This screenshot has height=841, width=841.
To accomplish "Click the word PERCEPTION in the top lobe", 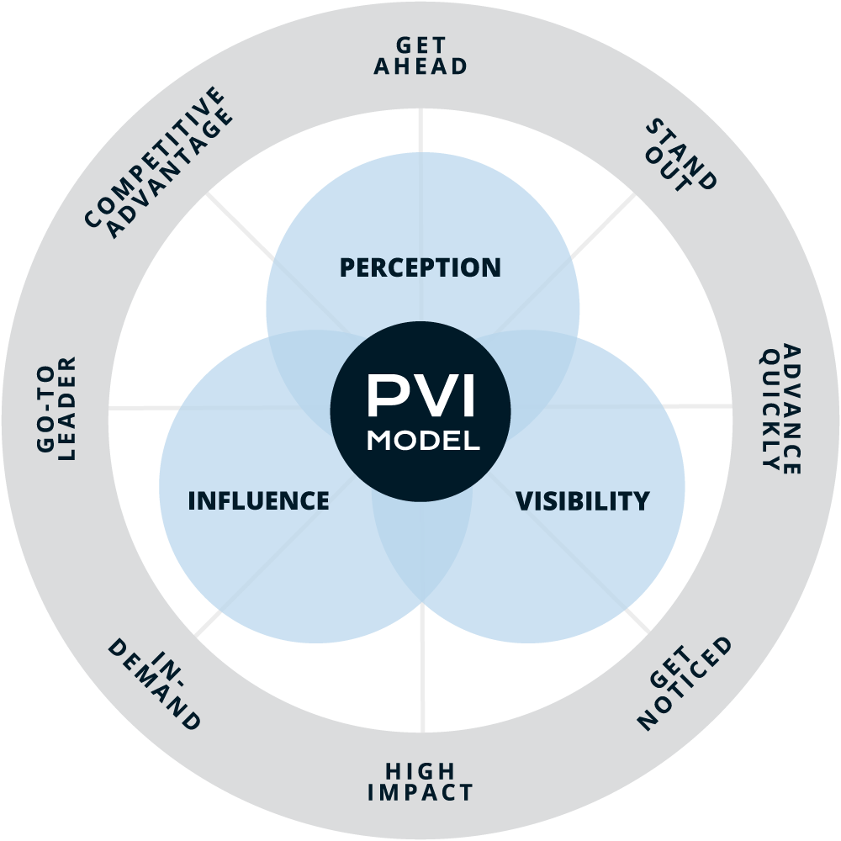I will tap(420, 267).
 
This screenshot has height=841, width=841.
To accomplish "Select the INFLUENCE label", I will tap(258, 500).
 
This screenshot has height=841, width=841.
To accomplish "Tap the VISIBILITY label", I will tap(582, 501).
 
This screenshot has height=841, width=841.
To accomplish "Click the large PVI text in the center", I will tap(420, 396).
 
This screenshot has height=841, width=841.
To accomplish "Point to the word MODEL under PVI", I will tap(423, 441).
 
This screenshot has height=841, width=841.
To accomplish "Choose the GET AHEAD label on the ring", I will tap(420, 56).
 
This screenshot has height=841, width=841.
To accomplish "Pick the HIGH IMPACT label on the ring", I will tap(420, 781).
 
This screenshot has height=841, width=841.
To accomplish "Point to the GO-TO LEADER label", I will tap(57, 408).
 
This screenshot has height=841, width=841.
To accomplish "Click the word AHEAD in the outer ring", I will tap(420, 67).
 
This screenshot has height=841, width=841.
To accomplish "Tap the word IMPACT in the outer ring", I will tap(420, 792).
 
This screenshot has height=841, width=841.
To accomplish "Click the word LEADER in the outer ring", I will tap(68, 408).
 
